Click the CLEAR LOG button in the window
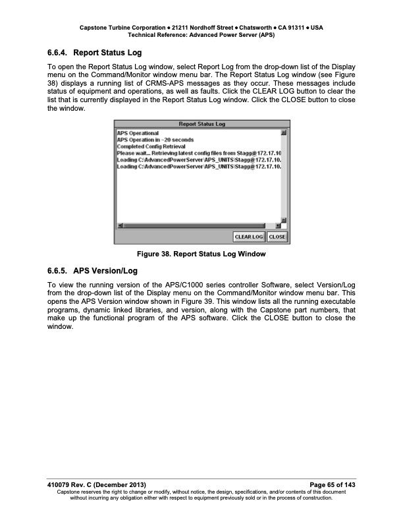coord(249,237)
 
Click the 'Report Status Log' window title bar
coord(202,124)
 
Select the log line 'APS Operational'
coord(138,133)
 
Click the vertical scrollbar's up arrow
coord(284,133)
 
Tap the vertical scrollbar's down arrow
coord(284,219)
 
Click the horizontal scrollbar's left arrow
coord(119,225)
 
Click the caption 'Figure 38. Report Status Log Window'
coord(202,254)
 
